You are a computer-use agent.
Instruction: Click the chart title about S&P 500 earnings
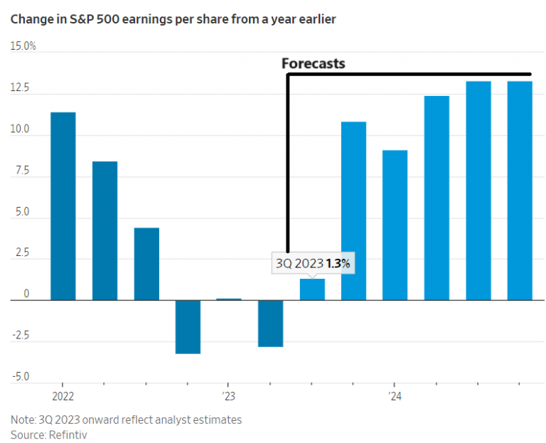click(173, 19)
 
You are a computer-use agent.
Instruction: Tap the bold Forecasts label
click(314, 64)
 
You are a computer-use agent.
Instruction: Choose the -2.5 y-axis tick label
click(19, 336)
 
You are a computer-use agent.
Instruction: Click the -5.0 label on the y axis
click(19, 377)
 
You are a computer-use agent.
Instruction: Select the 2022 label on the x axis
click(63, 395)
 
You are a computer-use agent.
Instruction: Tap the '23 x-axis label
click(227, 395)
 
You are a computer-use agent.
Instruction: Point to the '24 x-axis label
click(392, 395)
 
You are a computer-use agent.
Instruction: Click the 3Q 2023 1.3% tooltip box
click(313, 263)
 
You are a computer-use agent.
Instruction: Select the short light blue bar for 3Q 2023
click(312, 289)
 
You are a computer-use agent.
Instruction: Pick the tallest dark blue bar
click(63, 206)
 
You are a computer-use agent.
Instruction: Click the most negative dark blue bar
click(188, 326)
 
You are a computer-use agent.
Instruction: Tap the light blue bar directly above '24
click(395, 225)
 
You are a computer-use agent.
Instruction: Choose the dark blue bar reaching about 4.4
click(146, 264)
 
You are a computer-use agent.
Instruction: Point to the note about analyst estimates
click(126, 420)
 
